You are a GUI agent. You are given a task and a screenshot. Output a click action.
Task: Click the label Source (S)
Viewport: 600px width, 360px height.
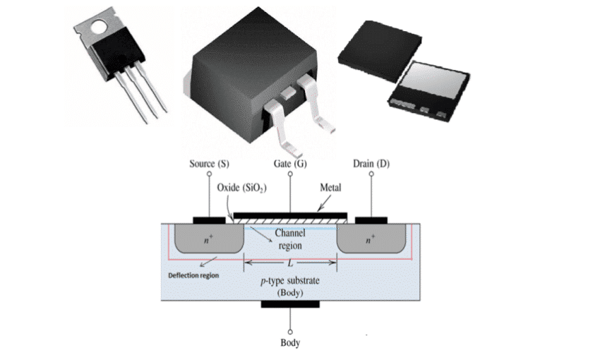(x=209, y=164)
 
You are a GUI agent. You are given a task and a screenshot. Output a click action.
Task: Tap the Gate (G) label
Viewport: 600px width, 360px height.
(x=289, y=164)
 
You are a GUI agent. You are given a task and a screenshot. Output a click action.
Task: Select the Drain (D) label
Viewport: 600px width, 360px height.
(x=371, y=164)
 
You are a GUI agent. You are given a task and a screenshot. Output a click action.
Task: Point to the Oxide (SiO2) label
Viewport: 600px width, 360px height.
(x=241, y=187)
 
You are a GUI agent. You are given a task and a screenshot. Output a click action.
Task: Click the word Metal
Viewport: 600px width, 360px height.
(x=331, y=188)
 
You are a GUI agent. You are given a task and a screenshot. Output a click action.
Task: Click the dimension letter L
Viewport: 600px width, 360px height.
(x=289, y=263)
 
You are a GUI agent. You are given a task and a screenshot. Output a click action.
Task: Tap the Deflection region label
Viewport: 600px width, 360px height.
(x=193, y=275)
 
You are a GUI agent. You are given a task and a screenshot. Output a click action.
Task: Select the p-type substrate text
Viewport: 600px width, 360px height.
(x=289, y=280)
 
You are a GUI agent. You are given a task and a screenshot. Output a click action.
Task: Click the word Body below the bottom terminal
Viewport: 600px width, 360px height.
(x=289, y=343)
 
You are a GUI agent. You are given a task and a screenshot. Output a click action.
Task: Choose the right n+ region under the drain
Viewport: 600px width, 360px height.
(x=371, y=239)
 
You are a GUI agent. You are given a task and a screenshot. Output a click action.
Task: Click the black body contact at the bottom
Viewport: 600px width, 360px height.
(x=289, y=304)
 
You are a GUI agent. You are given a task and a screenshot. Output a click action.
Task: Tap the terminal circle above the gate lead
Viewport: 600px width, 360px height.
(x=289, y=174)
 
